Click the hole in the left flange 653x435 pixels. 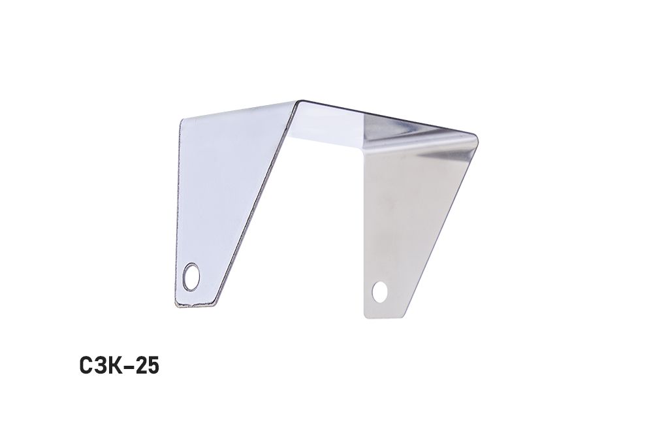[191, 276]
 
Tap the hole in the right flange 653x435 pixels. [380, 291]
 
